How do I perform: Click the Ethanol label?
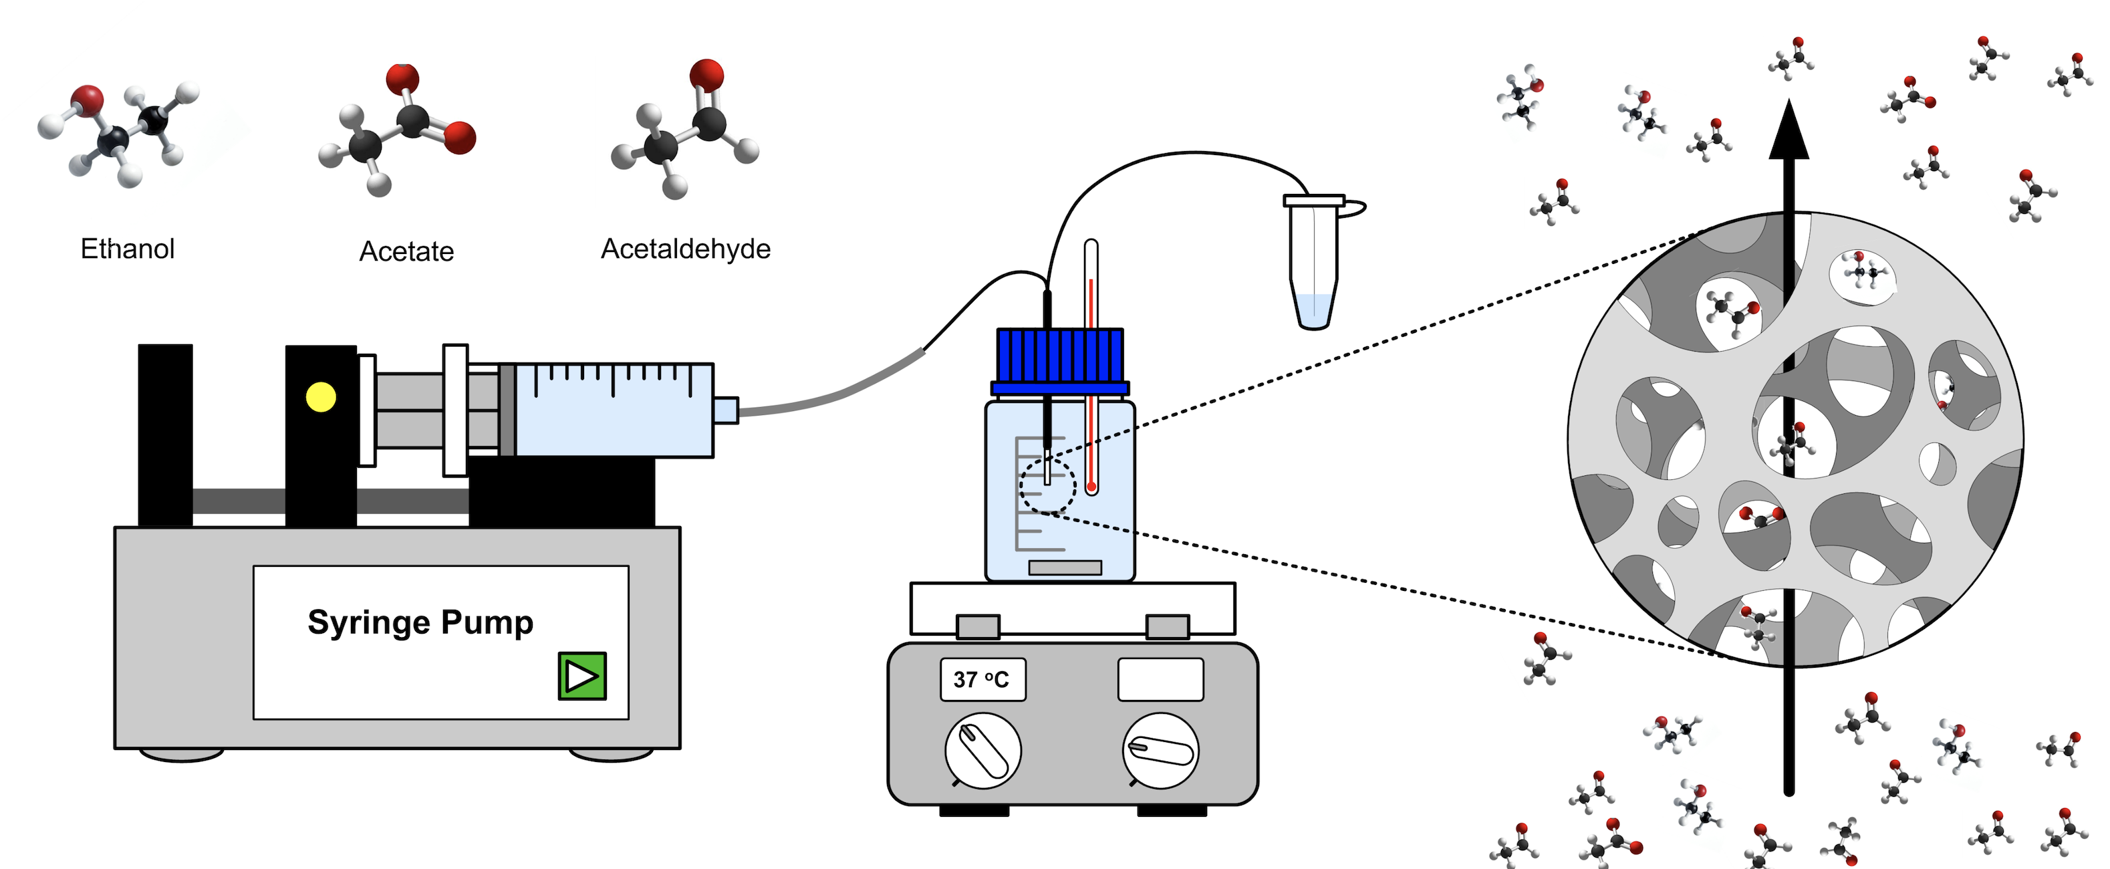(127, 248)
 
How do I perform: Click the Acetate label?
(406, 251)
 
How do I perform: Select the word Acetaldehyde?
(686, 248)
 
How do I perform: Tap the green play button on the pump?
(581, 676)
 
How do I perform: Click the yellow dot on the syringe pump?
(320, 397)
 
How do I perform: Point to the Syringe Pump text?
(420, 622)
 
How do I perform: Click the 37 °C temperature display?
(982, 679)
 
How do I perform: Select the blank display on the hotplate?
(1160, 679)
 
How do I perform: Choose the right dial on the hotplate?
(1160, 750)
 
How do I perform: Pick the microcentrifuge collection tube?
(1314, 262)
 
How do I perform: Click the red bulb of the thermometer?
(1091, 487)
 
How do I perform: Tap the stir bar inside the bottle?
(1065, 567)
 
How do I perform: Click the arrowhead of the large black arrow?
(1789, 131)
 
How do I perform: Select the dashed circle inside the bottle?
(1047, 485)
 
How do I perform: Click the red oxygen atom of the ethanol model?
(87, 99)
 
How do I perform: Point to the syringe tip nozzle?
(726, 410)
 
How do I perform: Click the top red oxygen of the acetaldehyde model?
(706, 74)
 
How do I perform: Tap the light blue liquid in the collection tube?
(1314, 309)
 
